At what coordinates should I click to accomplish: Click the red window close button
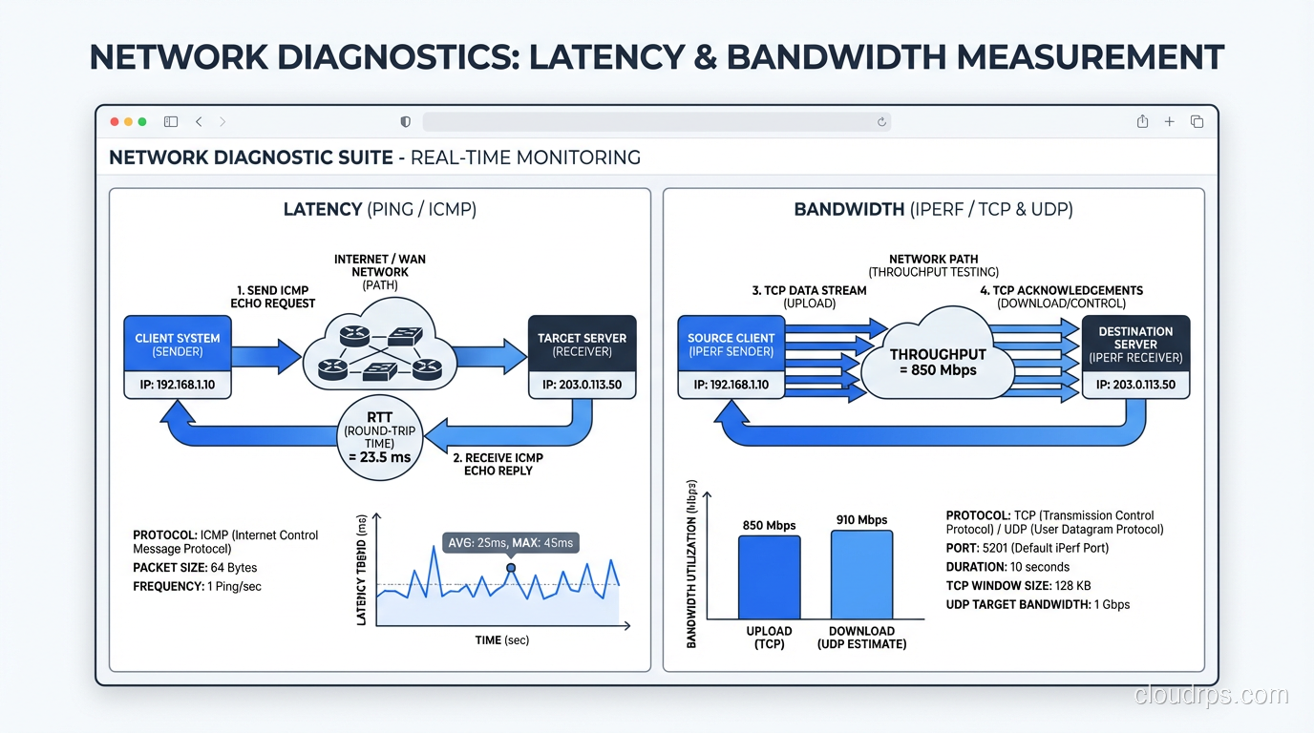coord(115,122)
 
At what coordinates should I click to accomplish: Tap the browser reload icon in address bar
coord(881,122)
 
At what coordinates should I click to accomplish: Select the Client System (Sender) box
coord(178,345)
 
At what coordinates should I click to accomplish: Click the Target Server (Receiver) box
coord(582,345)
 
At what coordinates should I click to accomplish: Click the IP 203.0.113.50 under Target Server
coord(582,386)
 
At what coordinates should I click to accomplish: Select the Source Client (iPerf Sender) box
coord(731,345)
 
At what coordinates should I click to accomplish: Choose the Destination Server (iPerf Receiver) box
coord(1135,345)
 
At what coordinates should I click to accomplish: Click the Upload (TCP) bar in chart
coord(769,578)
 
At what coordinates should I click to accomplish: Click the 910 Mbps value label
coord(861,520)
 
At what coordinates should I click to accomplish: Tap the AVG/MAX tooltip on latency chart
coord(510,543)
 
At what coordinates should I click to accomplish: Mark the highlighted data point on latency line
coord(511,568)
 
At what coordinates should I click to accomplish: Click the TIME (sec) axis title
coord(501,640)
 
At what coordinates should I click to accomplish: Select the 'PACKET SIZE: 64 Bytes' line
coord(195,568)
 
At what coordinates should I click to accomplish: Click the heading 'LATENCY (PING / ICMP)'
coord(379,209)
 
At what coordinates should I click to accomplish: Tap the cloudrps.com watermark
coord(1211,696)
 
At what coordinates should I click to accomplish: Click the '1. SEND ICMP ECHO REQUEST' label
coord(273,296)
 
